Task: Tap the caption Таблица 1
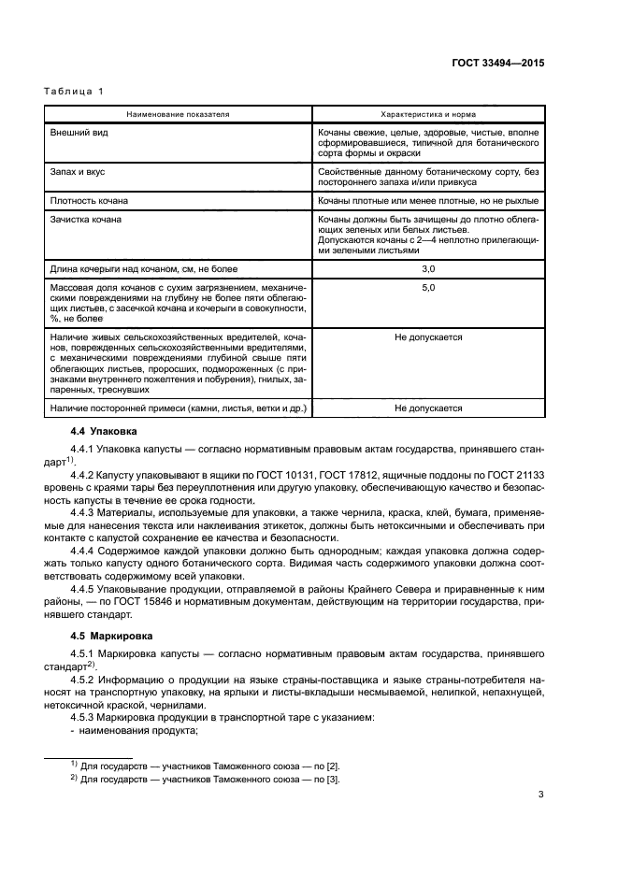click(x=75, y=92)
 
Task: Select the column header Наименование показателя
click(x=178, y=113)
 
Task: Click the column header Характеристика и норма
click(x=429, y=113)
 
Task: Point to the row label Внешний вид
click(x=79, y=134)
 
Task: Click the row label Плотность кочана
click(x=90, y=200)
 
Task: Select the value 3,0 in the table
click(x=428, y=269)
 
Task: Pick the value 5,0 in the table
click(x=428, y=288)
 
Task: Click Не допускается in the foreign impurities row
click(x=428, y=408)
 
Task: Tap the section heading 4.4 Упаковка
click(x=104, y=432)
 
